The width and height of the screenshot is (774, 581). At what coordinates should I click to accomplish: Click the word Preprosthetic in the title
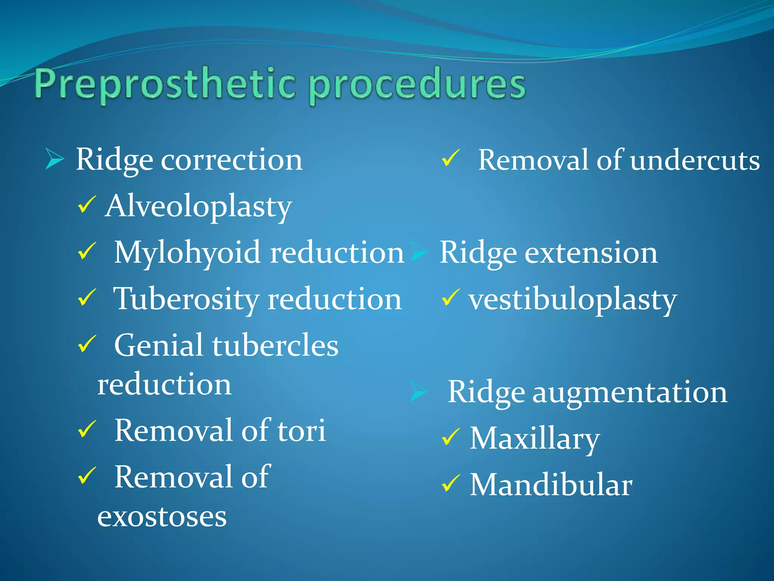coord(164,84)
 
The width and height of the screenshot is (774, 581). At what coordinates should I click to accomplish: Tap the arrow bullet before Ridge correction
coord(54,159)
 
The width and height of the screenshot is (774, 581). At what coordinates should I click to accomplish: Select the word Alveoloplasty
coord(199,207)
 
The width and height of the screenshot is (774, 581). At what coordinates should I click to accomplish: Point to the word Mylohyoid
coord(187,253)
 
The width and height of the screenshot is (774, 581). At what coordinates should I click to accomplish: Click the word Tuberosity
coord(186,299)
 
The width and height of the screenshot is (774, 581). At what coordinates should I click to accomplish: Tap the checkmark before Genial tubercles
coord(87,344)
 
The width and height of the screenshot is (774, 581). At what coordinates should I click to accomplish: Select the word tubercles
coord(275,345)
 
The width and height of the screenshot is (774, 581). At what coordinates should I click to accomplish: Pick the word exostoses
coord(162,517)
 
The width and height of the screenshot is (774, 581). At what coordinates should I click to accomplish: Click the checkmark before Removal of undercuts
coord(450,158)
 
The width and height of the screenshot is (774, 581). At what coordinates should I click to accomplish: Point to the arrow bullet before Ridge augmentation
coord(418,391)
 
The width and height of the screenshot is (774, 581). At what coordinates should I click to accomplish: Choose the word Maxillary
coord(534,439)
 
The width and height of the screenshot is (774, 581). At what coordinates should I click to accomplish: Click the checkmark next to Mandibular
coord(450,484)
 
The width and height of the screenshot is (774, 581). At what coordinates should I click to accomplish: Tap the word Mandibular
coord(551,485)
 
